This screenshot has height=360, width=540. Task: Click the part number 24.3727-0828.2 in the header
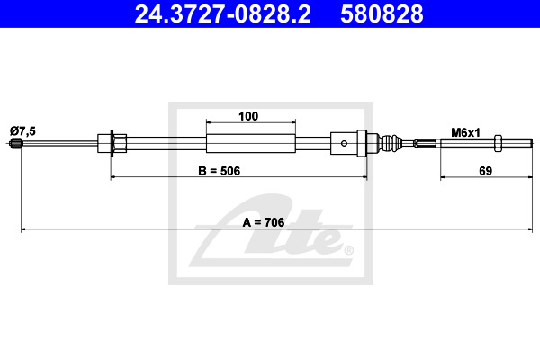(222, 13)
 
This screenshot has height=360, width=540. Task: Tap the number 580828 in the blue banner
(382, 13)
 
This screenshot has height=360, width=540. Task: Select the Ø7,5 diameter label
(22, 130)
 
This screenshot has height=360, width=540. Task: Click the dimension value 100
(248, 116)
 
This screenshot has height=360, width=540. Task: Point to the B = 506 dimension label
(219, 171)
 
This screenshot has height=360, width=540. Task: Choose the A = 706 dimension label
(264, 222)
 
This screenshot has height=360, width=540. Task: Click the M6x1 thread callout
(465, 132)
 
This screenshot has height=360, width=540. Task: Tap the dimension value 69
(486, 171)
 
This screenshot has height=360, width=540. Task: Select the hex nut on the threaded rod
(498, 143)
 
